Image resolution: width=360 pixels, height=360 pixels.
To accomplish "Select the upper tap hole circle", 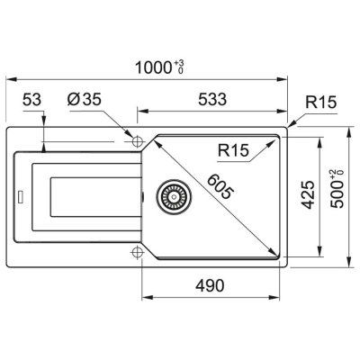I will (x=137, y=141).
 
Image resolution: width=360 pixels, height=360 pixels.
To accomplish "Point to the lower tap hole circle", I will (x=137, y=250).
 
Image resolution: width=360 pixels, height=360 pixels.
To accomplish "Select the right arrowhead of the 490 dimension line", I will (x=284, y=298).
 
